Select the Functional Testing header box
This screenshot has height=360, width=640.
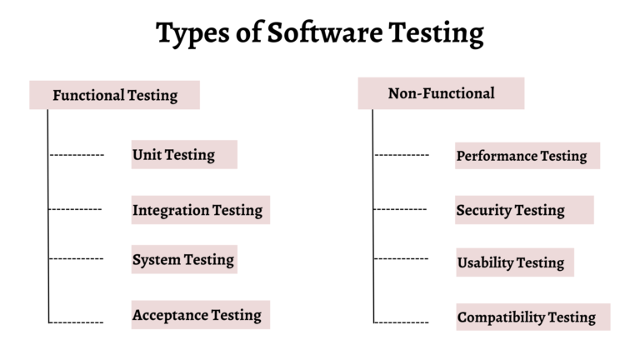tap(115, 95)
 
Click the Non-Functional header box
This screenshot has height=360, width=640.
tap(441, 93)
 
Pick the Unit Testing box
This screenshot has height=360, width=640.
tap(184, 154)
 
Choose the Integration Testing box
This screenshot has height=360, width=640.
tap(200, 210)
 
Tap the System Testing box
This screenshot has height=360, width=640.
tap(184, 260)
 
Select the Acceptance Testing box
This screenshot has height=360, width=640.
tap(200, 314)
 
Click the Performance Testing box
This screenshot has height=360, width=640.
tap(527, 156)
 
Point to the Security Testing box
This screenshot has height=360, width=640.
tap(524, 210)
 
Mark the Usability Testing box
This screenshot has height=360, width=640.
tap(514, 262)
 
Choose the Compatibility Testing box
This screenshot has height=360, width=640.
tap(532, 317)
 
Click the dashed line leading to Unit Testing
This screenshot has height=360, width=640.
tap(77, 155)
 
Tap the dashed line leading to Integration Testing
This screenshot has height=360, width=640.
tap(76, 209)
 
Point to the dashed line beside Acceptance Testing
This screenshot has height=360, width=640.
tap(77, 322)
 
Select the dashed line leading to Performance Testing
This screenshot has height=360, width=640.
tap(402, 155)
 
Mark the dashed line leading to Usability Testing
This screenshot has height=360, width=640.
tap(402, 259)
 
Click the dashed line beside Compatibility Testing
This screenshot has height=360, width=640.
tap(402, 322)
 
